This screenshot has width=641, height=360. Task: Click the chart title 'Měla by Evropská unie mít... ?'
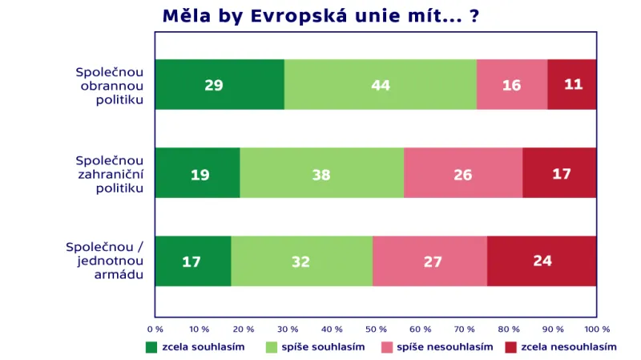320,16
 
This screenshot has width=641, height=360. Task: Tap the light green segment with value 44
380,84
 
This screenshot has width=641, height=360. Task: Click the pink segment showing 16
512,84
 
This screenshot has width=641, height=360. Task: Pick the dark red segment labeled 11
572,84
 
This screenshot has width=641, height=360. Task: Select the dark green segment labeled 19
197,173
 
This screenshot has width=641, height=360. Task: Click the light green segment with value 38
321,173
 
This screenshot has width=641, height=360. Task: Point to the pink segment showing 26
463,173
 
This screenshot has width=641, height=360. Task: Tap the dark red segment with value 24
542,261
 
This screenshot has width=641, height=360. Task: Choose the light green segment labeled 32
301,261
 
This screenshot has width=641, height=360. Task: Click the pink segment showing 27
429,261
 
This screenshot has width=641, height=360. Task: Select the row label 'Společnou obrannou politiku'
109,85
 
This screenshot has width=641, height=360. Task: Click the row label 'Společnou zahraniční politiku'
109,173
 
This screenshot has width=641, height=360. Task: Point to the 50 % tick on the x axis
376,329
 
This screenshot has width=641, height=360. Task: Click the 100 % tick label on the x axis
596,329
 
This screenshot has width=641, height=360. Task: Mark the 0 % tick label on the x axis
155,329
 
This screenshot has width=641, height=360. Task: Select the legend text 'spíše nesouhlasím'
445,347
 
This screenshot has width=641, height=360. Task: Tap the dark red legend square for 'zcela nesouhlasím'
510,347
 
